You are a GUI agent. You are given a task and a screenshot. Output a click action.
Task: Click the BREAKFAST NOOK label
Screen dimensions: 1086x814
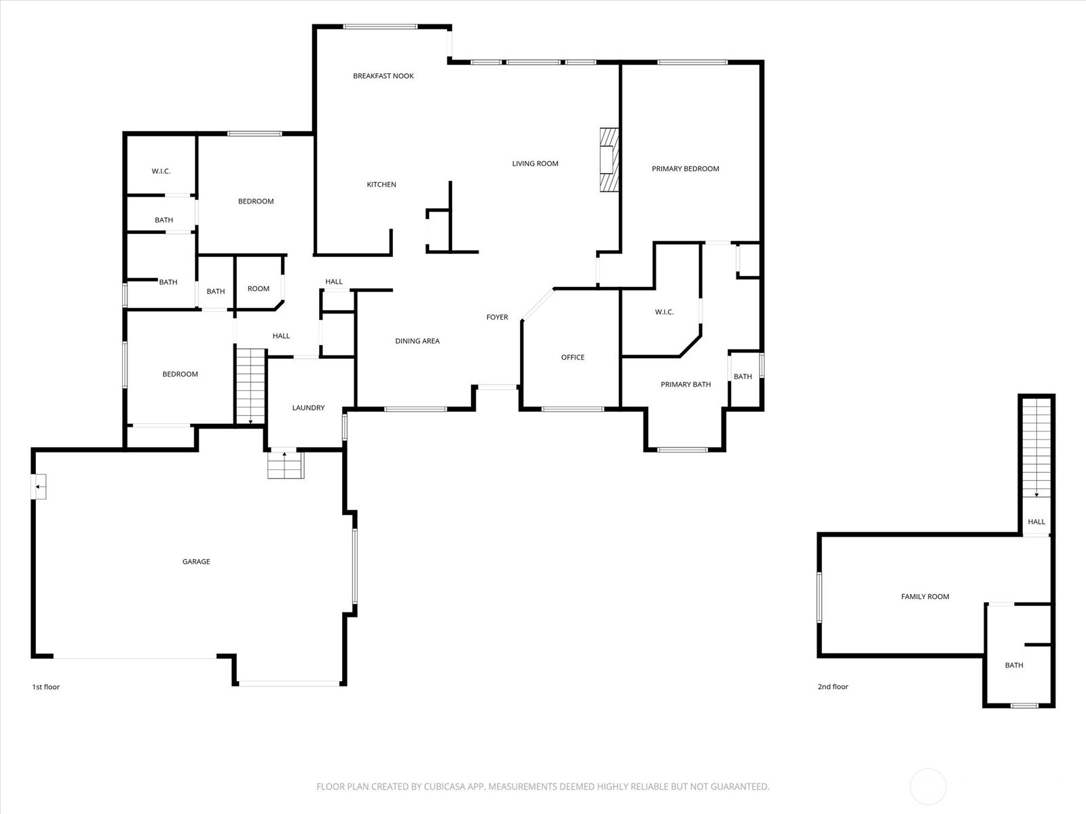[383, 75]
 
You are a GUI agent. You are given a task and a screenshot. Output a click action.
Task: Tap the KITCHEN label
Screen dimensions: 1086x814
[381, 185]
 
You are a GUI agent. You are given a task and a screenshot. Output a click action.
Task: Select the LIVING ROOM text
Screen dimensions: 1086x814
[535, 163]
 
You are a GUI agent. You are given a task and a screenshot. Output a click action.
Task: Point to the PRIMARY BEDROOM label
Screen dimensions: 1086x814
[686, 168]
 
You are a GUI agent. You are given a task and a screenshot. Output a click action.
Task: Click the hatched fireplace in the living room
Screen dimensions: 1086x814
[610, 159]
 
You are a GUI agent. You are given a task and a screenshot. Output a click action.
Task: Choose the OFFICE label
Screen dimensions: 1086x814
[572, 357]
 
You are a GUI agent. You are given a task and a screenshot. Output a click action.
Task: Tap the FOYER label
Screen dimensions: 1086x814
[498, 317]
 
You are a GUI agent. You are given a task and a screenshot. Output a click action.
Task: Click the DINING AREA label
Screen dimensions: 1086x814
[417, 341]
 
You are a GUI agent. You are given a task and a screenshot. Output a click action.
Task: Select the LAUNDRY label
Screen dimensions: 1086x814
[308, 408]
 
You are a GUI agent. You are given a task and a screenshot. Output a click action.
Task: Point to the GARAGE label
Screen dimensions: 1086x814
[196, 562]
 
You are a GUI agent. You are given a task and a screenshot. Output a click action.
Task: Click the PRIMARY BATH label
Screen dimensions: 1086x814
[686, 385]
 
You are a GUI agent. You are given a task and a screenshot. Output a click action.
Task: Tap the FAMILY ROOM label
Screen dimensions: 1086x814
[924, 596]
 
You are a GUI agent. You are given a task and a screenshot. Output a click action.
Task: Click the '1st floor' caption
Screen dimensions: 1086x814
[45, 686]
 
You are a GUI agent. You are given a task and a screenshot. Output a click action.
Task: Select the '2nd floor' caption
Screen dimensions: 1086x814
[833, 686]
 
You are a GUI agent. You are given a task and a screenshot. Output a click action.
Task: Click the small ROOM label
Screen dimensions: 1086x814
[259, 289]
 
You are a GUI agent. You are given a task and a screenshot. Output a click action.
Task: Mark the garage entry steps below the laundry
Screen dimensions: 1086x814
[286, 465]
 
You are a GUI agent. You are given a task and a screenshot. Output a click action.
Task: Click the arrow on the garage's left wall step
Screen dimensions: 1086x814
[38, 487]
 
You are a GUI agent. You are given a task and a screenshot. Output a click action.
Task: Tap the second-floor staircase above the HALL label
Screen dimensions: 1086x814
[1036, 448]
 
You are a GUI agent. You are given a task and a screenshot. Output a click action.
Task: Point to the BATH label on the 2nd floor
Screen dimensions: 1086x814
[1014, 665]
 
